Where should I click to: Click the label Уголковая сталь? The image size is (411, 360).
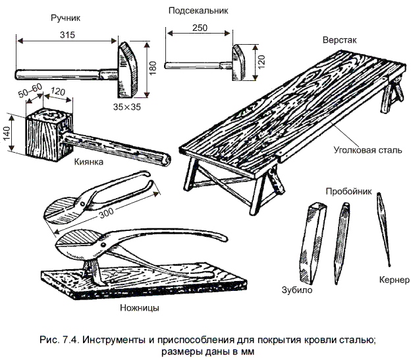(x=367, y=149)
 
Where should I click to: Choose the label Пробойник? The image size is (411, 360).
(x=348, y=191)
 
